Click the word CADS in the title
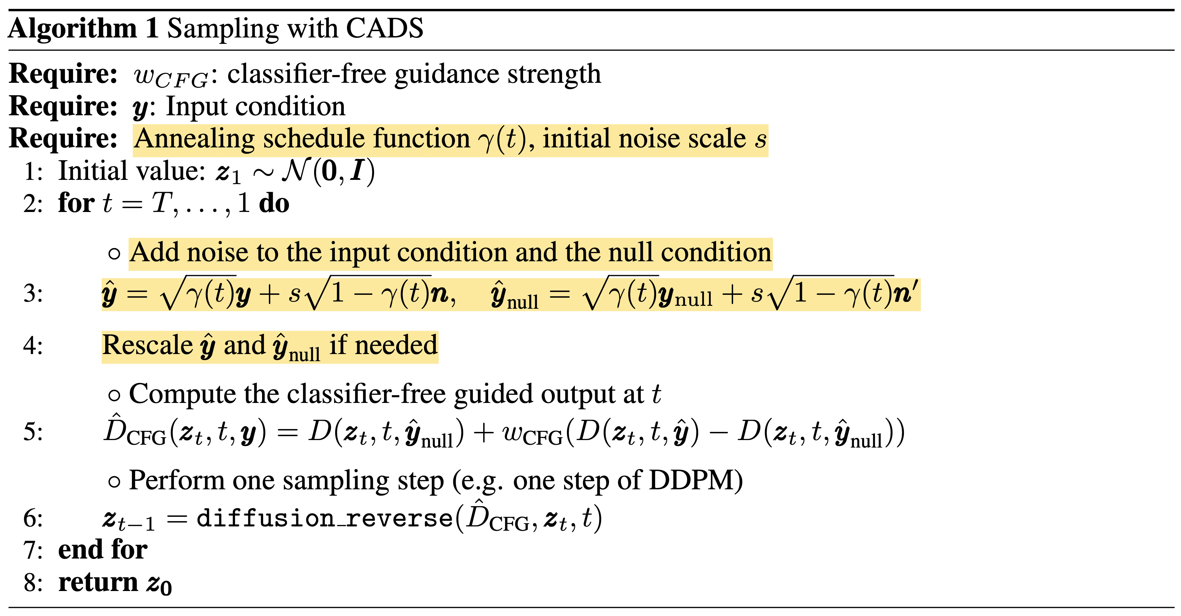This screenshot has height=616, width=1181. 384,29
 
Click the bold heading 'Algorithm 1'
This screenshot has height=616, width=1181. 83,29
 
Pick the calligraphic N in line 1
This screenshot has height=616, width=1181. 296,171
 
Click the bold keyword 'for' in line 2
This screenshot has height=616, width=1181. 76,203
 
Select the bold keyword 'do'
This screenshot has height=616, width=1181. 274,203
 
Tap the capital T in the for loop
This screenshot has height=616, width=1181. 162,203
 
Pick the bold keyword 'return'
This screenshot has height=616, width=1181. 98,582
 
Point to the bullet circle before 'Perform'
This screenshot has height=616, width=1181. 114,481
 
